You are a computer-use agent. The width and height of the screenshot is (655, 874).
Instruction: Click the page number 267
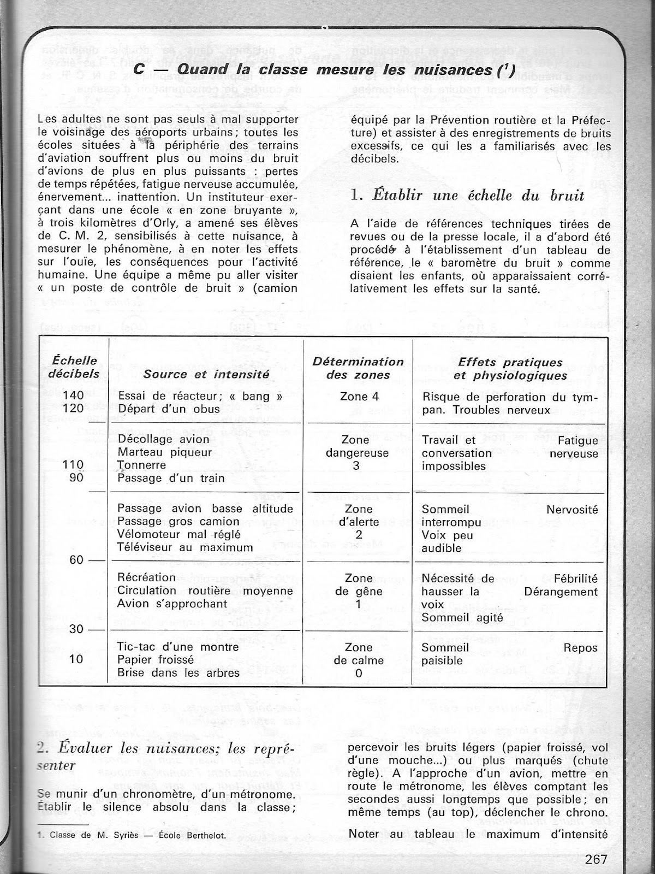pyautogui.click(x=596, y=859)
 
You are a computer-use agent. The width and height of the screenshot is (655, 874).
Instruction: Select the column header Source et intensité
pyautogui.click(x=206, y=374)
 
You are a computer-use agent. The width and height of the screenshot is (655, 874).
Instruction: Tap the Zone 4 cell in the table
pyautogui.click(x=359, y=397)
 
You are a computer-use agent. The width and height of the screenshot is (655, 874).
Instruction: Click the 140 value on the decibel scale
pyautogui.click(x=73, y=395)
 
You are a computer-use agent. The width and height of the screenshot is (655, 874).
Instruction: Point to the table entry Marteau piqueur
pyautogui.click(x=165, y=452)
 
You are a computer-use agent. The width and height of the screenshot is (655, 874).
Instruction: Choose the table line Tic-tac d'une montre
pyautogui.click(x=178, y=646)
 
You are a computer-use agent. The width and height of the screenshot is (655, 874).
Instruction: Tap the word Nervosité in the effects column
pyautogui.click(x=572, y=509)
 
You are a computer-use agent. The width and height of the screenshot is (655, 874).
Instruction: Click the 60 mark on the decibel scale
pyautogui.click(x=76, y=560)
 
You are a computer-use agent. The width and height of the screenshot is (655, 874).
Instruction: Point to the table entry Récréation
pyautogui.click(x=146, y=577)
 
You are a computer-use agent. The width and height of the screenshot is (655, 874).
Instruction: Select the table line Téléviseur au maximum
pyautogui.click(x=185, y=547)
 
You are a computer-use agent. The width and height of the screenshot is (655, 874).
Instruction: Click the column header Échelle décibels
pyautogui.click(x=75, y=367)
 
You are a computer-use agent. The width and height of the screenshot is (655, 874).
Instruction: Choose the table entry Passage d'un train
pyautogui.click(x=171, y=478)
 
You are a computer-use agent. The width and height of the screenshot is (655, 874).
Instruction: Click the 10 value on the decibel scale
pyautogui.click(x=76, y=659)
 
